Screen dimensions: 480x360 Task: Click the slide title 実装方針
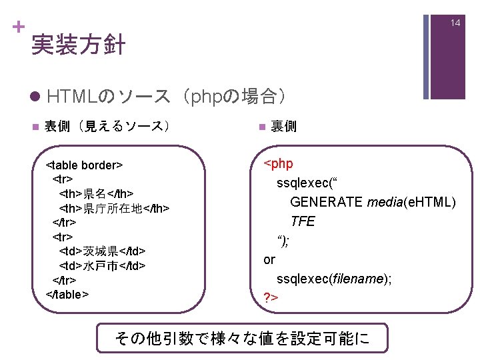tap(78, 45)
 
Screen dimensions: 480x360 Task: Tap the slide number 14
tap(455, 23)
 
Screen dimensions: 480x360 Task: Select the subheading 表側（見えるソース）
tap(106, 126)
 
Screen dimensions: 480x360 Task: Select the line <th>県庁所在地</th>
tap(114, 209)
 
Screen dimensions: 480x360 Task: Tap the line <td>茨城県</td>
tap(103, 251)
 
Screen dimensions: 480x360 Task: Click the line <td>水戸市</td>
tap(103, 266)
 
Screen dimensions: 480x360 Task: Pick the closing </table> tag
tap(67, 295)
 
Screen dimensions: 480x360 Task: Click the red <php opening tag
tap(279, 163)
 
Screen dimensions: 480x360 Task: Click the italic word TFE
tap(302, 221)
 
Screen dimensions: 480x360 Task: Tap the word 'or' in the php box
tap(269, 259)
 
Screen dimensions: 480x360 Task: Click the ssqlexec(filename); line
tap(333, 279)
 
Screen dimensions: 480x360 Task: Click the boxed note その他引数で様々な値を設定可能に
tap(241, 338)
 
